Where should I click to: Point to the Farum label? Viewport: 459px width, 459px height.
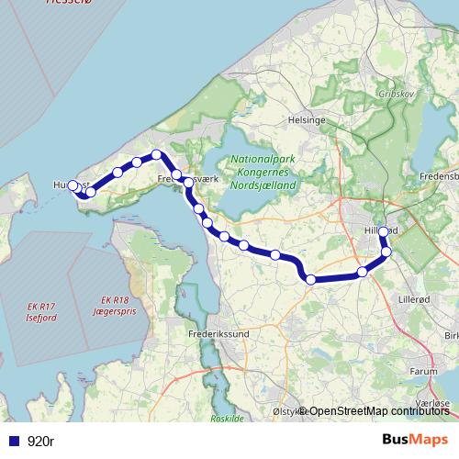pos(424,372)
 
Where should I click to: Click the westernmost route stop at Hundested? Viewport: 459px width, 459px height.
pos(73,185)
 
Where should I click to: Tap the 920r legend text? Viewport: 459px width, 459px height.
pos(40,442)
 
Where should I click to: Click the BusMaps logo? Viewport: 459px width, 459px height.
pos(416,441)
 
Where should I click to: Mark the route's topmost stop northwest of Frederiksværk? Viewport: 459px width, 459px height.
pos(157,154)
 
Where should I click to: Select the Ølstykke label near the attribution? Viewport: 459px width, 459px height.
pos(286,412)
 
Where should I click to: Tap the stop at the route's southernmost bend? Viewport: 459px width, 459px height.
pos(311,279)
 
